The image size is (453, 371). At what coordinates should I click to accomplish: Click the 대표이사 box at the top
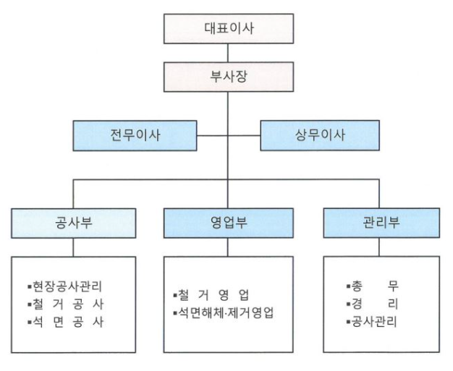point(229,29)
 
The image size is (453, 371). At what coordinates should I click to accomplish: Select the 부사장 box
point(229,77)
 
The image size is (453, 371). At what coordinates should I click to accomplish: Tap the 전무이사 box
point(135,136)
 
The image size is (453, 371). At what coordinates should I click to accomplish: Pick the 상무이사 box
point(320,135)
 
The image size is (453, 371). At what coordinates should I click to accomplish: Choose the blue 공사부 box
point(74,223)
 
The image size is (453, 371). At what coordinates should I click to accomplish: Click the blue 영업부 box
point(229,223)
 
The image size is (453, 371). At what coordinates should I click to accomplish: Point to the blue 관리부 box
point(381,223)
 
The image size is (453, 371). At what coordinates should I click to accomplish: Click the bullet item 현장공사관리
point(64,286)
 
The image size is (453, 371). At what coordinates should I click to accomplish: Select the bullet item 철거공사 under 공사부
point(65,304)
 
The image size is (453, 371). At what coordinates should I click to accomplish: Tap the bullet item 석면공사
point(65,323)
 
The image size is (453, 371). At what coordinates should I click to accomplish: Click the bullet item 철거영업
point(211,295)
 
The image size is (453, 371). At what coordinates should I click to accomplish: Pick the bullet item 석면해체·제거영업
point(224,312)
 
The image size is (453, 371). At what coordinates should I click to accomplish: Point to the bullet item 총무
point(373,286)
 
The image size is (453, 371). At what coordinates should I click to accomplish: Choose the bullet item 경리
point(373,304)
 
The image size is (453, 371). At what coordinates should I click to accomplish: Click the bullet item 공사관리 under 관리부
point(372,322)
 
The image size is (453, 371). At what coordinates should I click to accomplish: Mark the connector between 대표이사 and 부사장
point(228,53)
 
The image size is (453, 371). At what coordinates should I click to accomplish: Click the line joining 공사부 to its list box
point(73,247)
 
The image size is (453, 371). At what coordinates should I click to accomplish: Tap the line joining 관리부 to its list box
point(379,247)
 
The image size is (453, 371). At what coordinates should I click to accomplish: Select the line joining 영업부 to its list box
point(228,247)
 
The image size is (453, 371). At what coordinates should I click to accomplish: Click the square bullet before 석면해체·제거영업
point(175,313)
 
